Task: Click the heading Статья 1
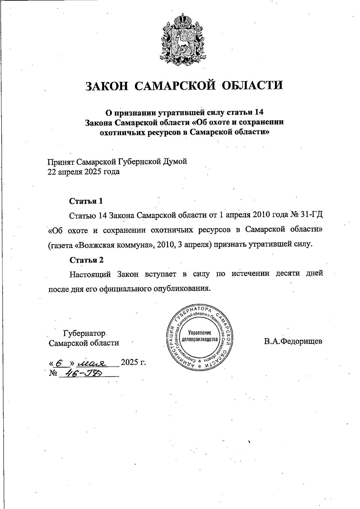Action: [86, 201]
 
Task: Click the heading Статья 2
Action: [86, 260]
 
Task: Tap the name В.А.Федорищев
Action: [293, 341]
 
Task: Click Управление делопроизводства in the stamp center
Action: [199, 337]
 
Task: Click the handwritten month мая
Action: [91, 364]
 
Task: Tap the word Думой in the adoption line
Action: [175, 162]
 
